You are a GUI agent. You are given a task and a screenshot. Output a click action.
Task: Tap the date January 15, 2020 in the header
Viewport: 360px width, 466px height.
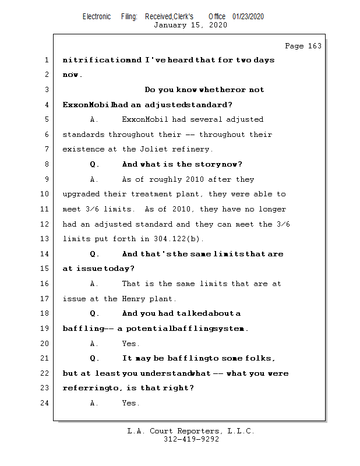pos(190,26)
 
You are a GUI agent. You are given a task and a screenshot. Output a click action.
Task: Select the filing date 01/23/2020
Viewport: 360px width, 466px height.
pos(248,16)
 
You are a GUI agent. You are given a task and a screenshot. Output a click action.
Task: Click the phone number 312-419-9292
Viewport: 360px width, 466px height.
pos(191,439)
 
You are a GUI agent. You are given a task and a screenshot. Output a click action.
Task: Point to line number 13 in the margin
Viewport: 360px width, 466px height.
pos(47,239)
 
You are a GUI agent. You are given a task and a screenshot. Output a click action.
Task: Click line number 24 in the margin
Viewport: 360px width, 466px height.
pos(47,403)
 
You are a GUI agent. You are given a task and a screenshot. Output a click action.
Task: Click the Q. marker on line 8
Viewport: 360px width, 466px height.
pos(94,164)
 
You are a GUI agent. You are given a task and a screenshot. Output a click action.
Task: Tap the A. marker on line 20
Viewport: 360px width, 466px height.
pos(94,344)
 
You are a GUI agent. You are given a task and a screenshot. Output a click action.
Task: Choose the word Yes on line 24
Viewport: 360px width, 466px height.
pos(130,403)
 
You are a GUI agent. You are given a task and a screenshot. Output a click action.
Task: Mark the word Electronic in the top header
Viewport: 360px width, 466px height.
pos(97,16)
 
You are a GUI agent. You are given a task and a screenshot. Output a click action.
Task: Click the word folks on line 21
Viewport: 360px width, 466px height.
pos(260,358)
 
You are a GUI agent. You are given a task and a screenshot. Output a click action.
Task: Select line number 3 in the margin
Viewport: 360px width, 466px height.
pos(47,90)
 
